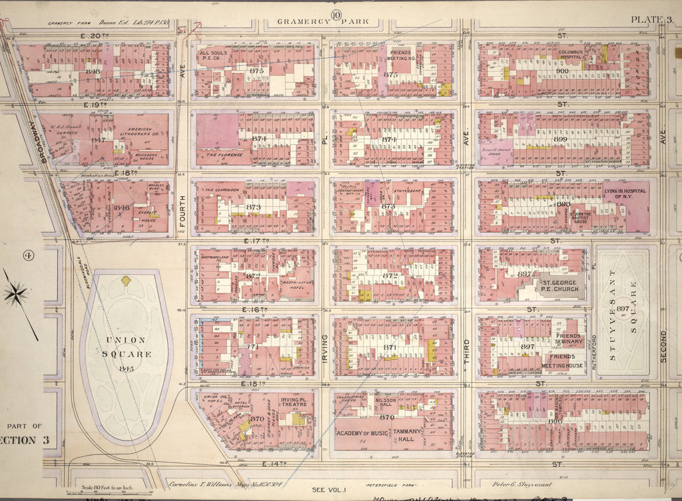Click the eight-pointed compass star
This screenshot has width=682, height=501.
[x=16, y=292]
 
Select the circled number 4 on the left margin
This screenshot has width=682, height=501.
[x=11, y=255]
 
